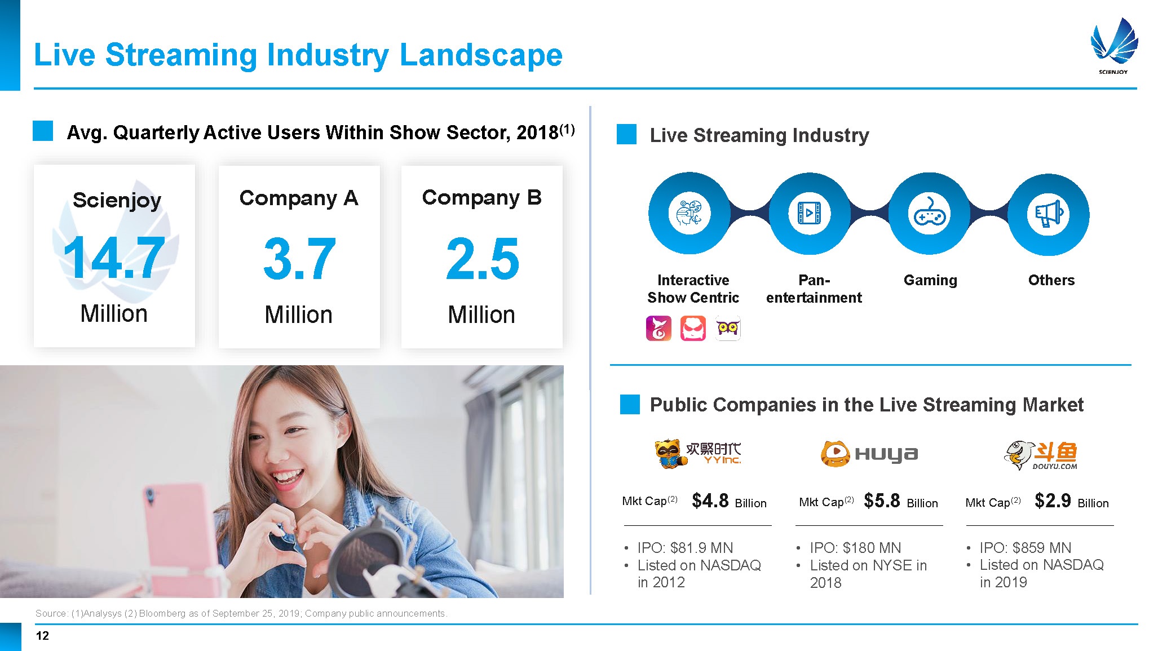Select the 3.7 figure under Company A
[x=299, y=259]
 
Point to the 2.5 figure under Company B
[x=482, y=259]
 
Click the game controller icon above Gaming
[x=929, y=214]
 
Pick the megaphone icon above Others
[x=1049, y=214]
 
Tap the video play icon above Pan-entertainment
[x=809, y=214]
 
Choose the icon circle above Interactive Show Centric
[x=689, y=214]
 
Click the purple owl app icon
[x=728, y=329]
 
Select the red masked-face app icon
[x=693, y=329]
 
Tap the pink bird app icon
[x=658, y=329]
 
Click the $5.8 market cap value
[x=882, y=501]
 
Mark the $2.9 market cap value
[x=1053, y=501]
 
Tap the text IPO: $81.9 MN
[x=685, y=548]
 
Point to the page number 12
[x=42, y=636]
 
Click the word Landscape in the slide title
[x=481, y=55]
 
